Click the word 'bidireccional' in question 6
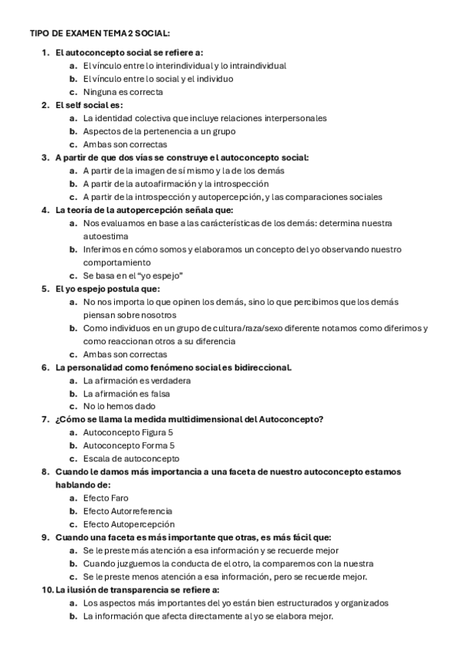pyautogui.click(x=263, y=367)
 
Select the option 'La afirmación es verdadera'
pyautogui.click(x=136, y=380)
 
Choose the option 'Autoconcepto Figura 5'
pyautogui.click(x=129, y=432)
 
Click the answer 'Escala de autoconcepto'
pyautogui.click(x=131, y=458)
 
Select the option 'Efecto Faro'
pyautogui.click(x=106, y=498)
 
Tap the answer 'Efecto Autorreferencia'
pyautogui.click(x=127, y=511)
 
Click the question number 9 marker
pyautogui.click(x=45, y=537)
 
